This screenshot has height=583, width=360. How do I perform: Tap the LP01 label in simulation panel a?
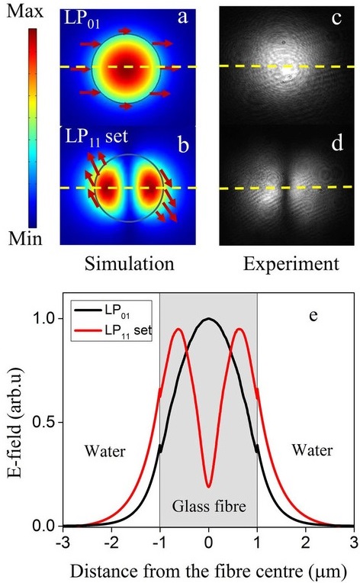[x=80, y=16]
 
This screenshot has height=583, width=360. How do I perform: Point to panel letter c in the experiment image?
[x=327, y=18]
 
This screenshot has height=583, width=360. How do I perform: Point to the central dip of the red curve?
[x=208, y=486]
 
